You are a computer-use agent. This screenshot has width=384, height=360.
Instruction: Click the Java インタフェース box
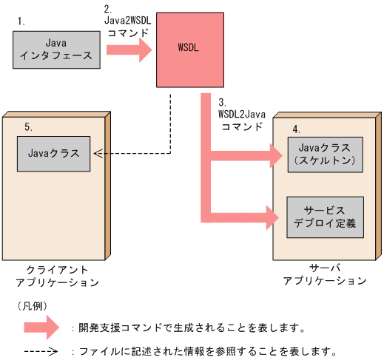(x=57, y=50)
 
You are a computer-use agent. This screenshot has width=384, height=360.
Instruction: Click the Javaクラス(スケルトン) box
(x=326, y=154)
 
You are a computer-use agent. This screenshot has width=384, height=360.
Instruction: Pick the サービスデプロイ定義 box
(x=326, y=217)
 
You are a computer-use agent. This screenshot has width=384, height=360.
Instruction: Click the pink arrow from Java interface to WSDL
(x=129, y=50)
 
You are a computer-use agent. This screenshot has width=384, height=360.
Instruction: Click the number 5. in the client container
(x=28, y=126)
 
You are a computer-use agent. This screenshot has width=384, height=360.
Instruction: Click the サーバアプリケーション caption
(x=325, y=275)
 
